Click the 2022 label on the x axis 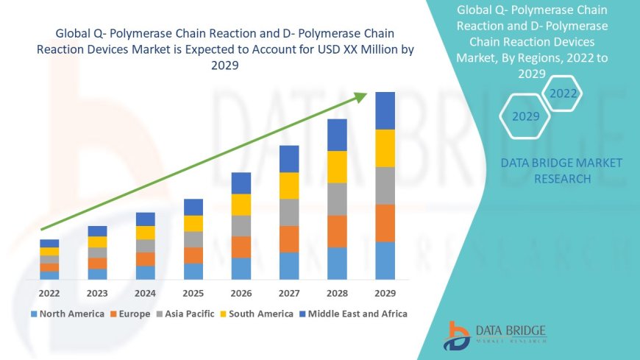point(49,293)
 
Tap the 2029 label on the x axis point(385,293)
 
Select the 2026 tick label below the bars point(241,293)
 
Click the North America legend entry point(67,314)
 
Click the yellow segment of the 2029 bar point(385,148)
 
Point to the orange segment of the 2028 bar point(337,231)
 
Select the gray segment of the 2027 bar point(289,212)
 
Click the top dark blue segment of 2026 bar point(241,183)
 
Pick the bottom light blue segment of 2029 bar point(385,261)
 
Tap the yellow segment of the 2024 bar point(146,233)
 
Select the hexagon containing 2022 point(563,93)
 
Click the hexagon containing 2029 point(525,116)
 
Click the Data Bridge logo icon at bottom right point(457,335)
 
